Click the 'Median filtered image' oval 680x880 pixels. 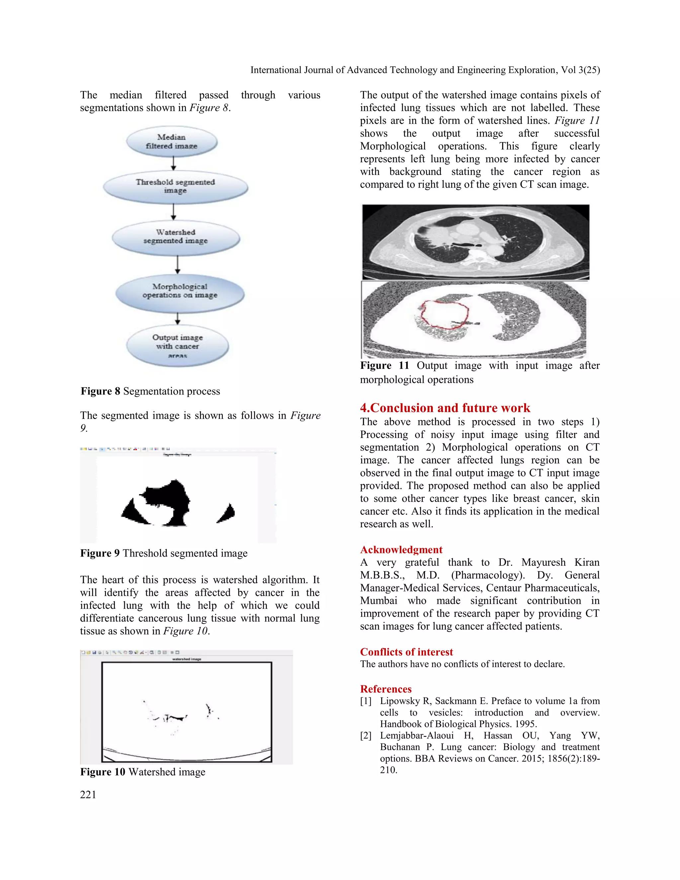(x=172, y=142)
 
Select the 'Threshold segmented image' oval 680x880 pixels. (x=175, y=186)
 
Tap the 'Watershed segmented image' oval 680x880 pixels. (x=176, y=237)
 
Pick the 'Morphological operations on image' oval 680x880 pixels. (x=180, y=291)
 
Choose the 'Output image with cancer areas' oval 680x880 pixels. (x=177, y=346)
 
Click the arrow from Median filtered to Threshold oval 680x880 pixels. (x=174, y=163)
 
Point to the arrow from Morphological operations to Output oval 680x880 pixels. (x=178, y=319)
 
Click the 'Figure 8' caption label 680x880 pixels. (x=100, y=391)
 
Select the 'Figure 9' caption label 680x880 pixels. (x=100, y=553)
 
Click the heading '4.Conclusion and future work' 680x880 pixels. (x=445, y=408)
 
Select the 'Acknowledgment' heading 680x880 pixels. (x=401, y=550)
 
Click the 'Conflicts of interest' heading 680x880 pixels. (x=406, y=652)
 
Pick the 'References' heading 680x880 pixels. (x=385, y=689)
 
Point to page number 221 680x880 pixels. (x=88, y=795)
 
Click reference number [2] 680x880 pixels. (x=366, y=736)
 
